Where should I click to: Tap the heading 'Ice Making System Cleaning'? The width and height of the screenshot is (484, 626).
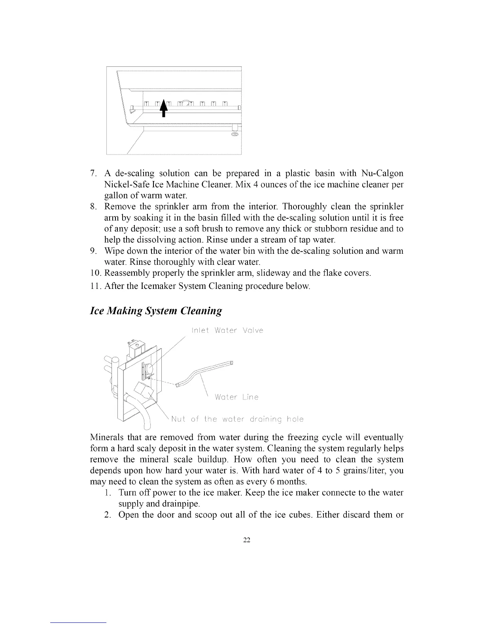coord(156,310)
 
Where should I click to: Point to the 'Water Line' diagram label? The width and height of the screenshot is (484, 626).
coord(236,397)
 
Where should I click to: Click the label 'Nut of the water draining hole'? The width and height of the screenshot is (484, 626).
coord(237,419)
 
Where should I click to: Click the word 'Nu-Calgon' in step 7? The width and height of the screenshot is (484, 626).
coord(382,173)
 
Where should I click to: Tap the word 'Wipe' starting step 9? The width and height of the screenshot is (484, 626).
coord(112,251)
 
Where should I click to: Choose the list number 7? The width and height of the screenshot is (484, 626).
coord(93,173)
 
